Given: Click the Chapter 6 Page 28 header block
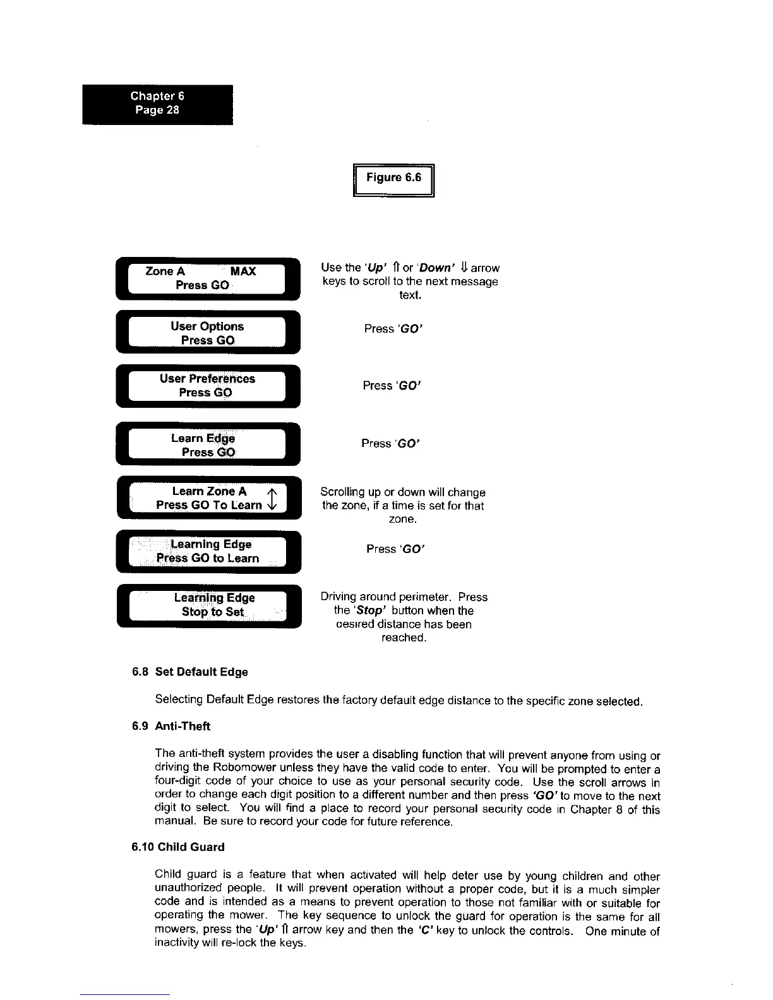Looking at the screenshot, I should pyautogui.click(x=157, y=104).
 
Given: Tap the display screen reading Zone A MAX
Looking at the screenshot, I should pyautogui.click(x=208, y=278).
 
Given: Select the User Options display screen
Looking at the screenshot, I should pyautogui.click(x=208, y=333).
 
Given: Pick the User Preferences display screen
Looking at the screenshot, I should pyautogui.click(x=208, y=385).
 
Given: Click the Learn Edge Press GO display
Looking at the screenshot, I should pyautogui.click(x=208, y=445).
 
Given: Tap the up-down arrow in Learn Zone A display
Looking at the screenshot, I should pyautogui.click(x=270, y=499).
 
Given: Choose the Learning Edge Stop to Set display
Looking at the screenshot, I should pyautogui.click(x=208, y=605).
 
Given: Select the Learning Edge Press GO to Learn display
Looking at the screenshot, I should pyautogui.click(x=208, y=551).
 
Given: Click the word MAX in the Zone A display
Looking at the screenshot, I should pyautogui.click(x=243, y=271).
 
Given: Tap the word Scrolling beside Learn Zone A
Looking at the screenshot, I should pyautogui.click(x=344, y=492).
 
